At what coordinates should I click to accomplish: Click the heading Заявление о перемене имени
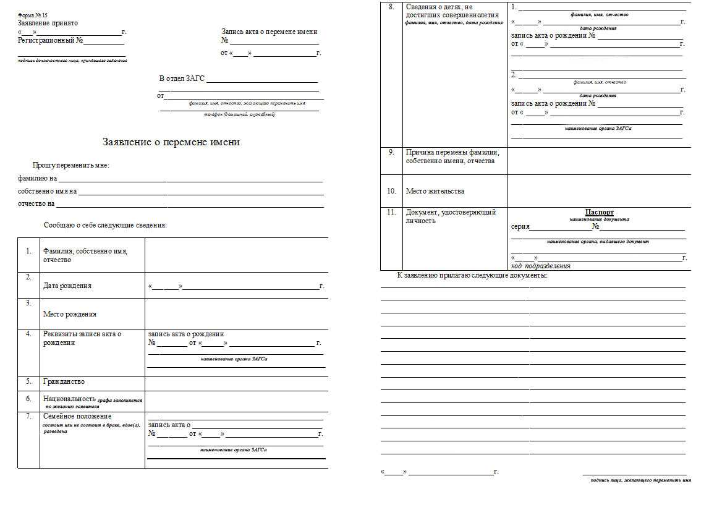171,142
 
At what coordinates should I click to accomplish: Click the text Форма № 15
33,14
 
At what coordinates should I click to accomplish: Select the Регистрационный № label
50,41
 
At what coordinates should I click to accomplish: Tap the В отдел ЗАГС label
182,79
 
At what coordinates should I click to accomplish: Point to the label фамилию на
37,179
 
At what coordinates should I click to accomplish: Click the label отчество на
36,203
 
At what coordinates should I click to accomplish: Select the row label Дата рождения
67,286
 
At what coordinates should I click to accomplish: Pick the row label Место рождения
69,314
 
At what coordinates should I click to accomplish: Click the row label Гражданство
64,381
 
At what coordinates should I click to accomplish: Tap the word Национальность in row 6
69,399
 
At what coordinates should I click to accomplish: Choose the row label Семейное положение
77,416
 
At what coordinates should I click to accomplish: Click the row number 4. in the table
28,334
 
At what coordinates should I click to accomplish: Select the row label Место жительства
435,191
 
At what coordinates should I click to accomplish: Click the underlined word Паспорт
599,212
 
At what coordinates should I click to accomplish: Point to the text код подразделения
540,266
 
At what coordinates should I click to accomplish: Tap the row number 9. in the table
391,151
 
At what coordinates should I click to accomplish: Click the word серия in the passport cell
520,227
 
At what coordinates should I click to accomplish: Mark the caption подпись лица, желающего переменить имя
640,480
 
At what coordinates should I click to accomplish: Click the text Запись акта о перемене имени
270,32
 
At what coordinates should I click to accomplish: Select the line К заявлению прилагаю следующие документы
472,275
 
